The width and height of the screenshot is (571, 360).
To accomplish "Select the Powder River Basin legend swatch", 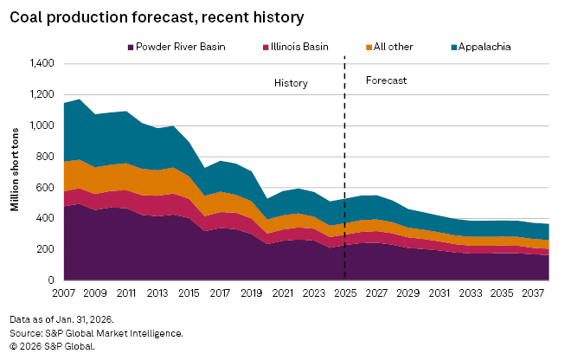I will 130,46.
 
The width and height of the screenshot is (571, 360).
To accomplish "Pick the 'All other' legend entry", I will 393,46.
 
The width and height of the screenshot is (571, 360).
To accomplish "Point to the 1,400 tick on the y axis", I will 42,64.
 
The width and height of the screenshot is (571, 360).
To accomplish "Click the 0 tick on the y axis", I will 52,280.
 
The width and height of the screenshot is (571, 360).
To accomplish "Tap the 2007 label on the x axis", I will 64,293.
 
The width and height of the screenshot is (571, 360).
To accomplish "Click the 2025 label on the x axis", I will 345,293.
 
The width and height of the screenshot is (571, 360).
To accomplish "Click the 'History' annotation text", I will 291,83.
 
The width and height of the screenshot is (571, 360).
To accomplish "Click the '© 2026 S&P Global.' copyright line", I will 52,344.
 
